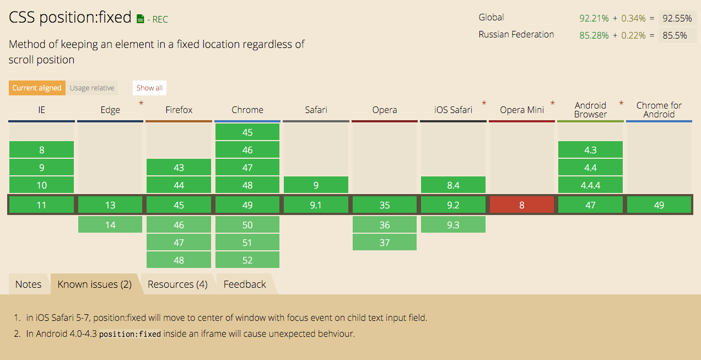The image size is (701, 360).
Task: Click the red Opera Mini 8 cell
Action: point(522,205)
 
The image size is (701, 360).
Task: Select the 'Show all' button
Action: point(149,88)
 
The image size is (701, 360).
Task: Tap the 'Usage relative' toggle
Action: point(92,88)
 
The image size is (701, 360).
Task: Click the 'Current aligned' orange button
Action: point(37,88)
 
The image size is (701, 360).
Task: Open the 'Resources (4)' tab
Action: point(177,284)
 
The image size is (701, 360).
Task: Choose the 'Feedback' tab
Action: point(245,284)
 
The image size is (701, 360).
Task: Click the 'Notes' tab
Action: point(28,284)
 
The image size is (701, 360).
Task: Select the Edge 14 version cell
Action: point(110,225)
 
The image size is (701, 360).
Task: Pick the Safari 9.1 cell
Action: point(316,205)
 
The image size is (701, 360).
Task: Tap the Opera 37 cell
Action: point(385,242)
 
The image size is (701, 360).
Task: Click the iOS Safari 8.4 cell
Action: point(453,185)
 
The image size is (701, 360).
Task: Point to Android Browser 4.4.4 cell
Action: point(590,185)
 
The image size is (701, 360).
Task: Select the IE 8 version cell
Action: point(42,149)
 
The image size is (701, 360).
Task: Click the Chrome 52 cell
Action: point(247,260)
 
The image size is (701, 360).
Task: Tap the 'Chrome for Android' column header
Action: point(659,110)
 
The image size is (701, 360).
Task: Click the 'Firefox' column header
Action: point(179,110)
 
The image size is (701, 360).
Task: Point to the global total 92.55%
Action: point(677,19)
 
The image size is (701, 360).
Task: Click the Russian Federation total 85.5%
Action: point(675,35)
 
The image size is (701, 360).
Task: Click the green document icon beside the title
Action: point(140,19)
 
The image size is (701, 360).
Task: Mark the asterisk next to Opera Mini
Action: point(553,103)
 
